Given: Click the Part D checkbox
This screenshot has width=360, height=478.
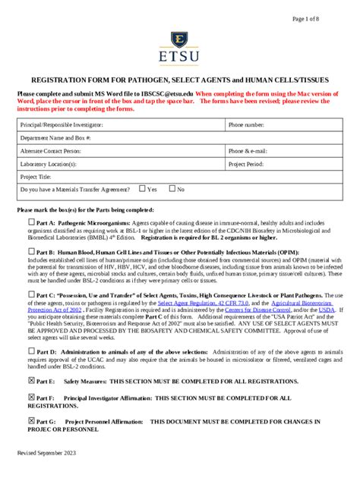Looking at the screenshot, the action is pyautogui.click(x=31, y=351).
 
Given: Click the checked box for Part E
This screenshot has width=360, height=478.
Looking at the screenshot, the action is pyautogui.click(x=31, y=380).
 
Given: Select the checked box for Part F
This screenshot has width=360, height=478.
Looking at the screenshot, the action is pyautogui.click(x=31, y=397).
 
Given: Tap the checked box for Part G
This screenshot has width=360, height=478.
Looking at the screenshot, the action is pyautogui.click(x=31, y=420).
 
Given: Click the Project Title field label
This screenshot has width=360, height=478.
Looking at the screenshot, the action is pyautogui.click(x=37, y=176).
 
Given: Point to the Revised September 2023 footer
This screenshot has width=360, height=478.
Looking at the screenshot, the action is pyautogui.click(x=47, y=453).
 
